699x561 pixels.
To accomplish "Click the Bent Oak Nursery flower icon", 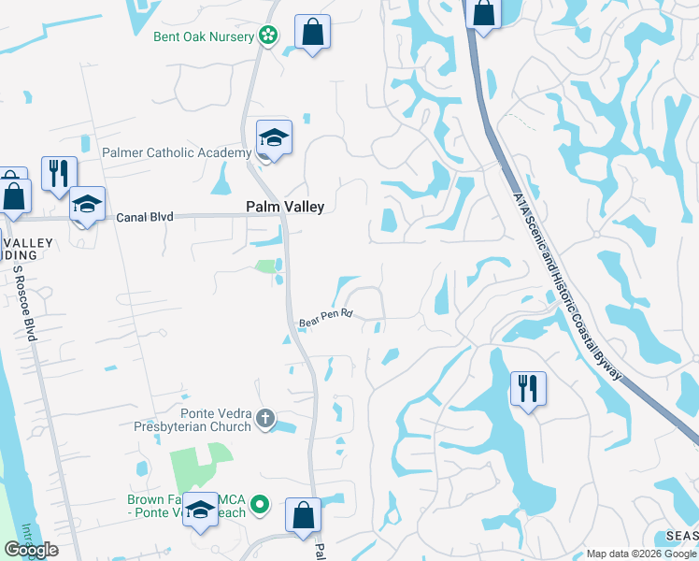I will (x=269, y=36).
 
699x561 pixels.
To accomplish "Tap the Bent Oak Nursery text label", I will (x=204, y=36).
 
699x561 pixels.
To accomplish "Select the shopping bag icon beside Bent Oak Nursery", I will (x=312, y=32).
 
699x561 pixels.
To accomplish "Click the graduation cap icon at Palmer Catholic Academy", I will (x=275, y=137).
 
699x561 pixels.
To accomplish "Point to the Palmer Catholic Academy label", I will (x=177, y=152).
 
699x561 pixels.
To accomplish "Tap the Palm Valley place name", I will (x=284, y=207).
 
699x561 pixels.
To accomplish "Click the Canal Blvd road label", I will (x=145, y=217).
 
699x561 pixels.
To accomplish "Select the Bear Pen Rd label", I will (x=325, y=319).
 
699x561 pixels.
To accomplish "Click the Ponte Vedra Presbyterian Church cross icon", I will (x=264, y=418).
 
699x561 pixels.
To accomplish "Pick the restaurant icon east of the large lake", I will (x=528, y=388).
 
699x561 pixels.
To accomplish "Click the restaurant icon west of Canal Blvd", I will (x=59, y=173).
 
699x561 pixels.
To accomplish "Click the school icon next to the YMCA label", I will (x=200, y=510).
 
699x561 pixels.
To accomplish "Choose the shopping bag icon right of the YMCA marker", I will (x=303, y=515).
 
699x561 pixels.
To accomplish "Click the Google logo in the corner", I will (x=31, y=550).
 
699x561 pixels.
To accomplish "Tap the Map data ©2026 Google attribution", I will (x=641, y=554).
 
